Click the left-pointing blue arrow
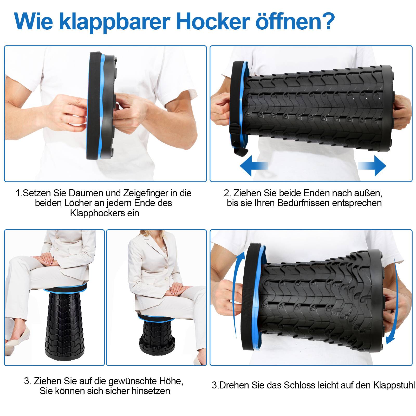[x=253, y=166]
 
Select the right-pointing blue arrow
[x=372, y=166]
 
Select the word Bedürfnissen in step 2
[x=303, y=203]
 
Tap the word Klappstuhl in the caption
[x=394, y=385]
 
